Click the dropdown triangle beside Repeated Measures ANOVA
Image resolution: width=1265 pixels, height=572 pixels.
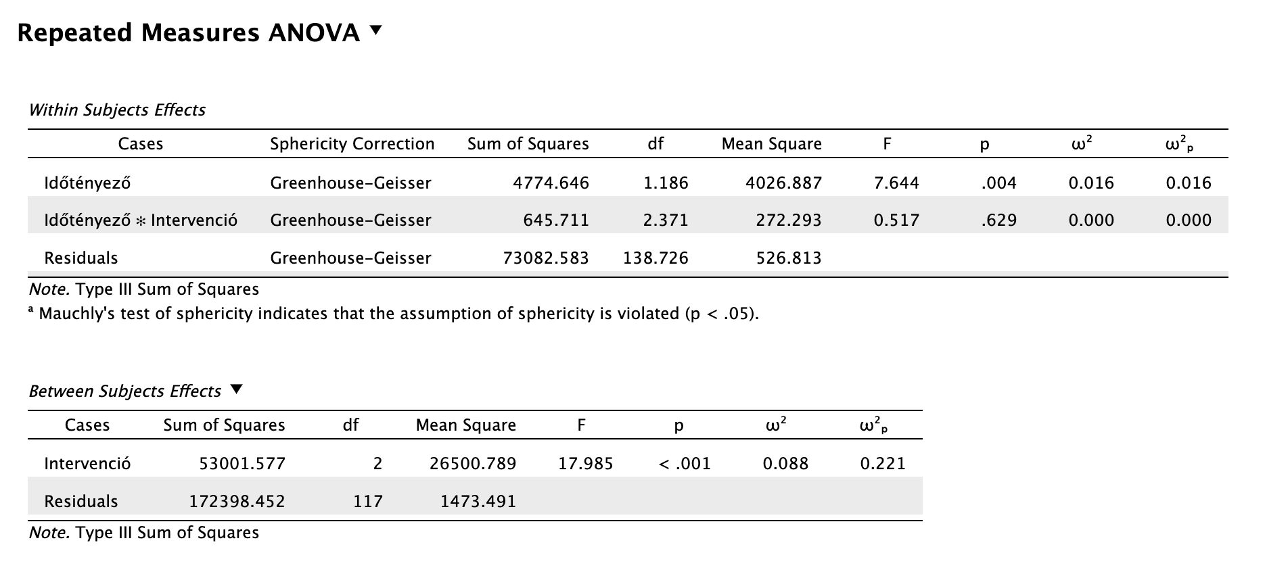[x=376, y=30]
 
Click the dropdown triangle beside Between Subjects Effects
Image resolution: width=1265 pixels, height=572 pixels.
[x=235, y=390]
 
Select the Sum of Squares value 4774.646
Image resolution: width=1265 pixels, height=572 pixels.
[x=551, y=183]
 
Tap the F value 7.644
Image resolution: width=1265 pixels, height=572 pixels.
[x=896, y=183]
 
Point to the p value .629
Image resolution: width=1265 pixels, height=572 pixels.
[x=998, y=220]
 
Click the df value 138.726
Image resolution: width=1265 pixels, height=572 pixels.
[x=655, y=258]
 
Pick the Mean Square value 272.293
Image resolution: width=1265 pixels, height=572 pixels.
[x=789, y=220]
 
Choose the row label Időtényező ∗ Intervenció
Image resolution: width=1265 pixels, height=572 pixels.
[x=141, y=220]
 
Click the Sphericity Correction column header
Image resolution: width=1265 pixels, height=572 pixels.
[x=352, y=144]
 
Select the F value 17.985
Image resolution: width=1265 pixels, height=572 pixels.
[x=585, y=464]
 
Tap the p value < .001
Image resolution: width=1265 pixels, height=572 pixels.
[x=684, y=464]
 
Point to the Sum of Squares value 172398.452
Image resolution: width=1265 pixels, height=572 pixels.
[x=237, y=502]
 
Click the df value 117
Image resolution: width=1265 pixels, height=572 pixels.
[x=368, y=502]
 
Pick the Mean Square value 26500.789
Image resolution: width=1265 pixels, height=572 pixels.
[x=473, y=464]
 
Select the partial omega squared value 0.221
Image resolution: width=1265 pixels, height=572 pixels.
[x=883, y=464]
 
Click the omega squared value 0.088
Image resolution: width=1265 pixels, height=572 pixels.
[x=785, y=464]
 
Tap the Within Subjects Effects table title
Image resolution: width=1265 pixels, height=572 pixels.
[x=117, y=110]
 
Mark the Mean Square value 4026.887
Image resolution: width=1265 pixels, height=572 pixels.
[x=783, y=183]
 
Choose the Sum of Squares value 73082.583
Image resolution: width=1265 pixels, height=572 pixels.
[x=546, y=258]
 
